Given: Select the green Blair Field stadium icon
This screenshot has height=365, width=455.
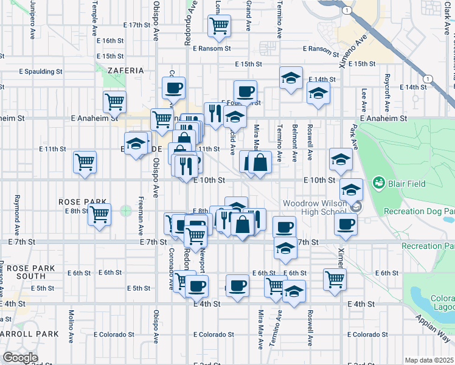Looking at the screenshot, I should (x=379, y=181).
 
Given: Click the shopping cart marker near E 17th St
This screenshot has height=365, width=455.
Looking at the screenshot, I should (x=218, y=26).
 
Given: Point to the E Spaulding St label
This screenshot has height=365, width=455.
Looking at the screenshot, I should (x=41, y=71).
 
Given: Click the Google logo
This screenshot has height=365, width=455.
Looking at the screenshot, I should (x=20, y=358).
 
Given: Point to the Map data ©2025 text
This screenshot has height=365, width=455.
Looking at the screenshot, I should (x=429, y=360).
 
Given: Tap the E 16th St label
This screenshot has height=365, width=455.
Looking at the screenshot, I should (x=110, y=40).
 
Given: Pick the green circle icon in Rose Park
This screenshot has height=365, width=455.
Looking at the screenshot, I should (x=126, y=211).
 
